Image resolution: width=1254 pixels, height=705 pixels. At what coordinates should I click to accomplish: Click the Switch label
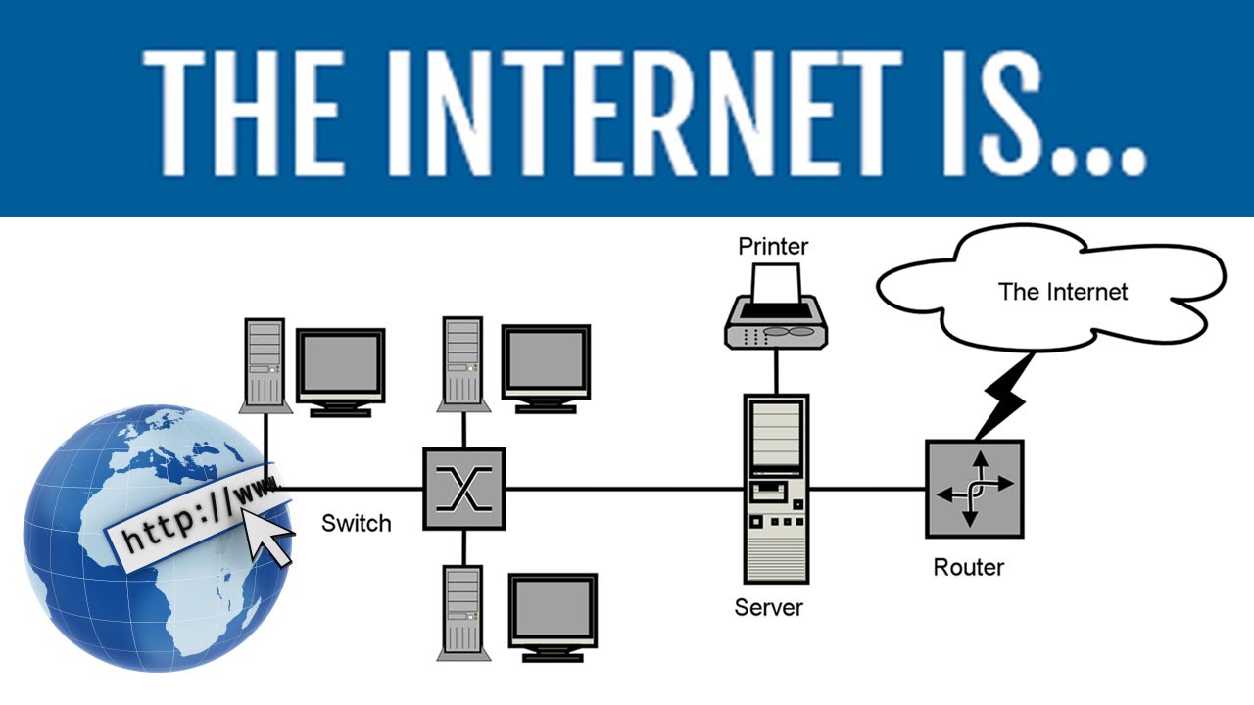(x=356, y=523)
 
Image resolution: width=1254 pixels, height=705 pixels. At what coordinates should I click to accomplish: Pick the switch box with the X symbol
(x=463, y=489)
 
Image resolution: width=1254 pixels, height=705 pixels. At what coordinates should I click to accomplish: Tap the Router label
(x=968, y=567)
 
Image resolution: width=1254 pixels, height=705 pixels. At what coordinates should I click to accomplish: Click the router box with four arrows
(x=974, y=489)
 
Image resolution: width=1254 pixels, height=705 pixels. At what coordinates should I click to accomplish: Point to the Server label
(x=768, y=607)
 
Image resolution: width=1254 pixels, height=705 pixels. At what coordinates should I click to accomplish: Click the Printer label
(x=773, y=246)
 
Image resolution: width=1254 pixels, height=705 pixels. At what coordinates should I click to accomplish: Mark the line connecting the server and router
(x=867, y=489)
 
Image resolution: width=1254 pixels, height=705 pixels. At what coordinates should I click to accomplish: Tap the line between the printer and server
(x=776, y=370)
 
